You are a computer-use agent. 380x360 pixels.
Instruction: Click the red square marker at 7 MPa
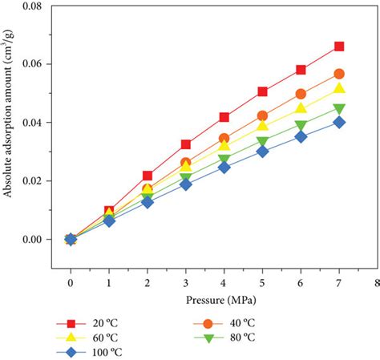pyautogui.click(x=339, y=47)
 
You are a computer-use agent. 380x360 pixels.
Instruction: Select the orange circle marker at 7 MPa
pyautogui.click(x=339, y=74)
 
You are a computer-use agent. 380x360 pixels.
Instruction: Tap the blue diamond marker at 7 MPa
pyautogui.click(x=339, y=122)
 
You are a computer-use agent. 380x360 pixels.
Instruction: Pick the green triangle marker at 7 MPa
pyautogui.click(x=339, y=109)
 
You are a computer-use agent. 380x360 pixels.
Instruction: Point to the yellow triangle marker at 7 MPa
pyautogui.click(x=339, y=89)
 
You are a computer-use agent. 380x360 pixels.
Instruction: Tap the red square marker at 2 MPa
pyautogui.click(x=148, y=176)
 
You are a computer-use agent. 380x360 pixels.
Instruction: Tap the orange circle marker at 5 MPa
pyautogui.click(x=262, y=115)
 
